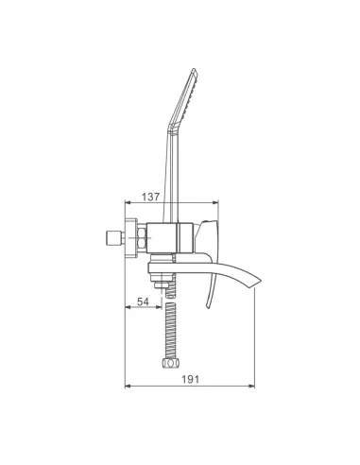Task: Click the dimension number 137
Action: (x=150, y=197)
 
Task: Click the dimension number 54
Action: (x=143, y=301)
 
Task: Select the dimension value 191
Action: (x=190, y=379)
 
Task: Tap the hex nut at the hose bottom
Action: (x=170, y=363)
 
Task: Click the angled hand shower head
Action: (x=183, y=96)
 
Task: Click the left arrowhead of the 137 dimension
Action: (x=128, y=202)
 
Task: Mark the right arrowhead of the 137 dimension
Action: (x=215, y=202)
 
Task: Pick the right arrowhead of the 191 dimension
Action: (x=251, y=386)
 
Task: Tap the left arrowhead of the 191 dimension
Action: (x=128, y=386)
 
